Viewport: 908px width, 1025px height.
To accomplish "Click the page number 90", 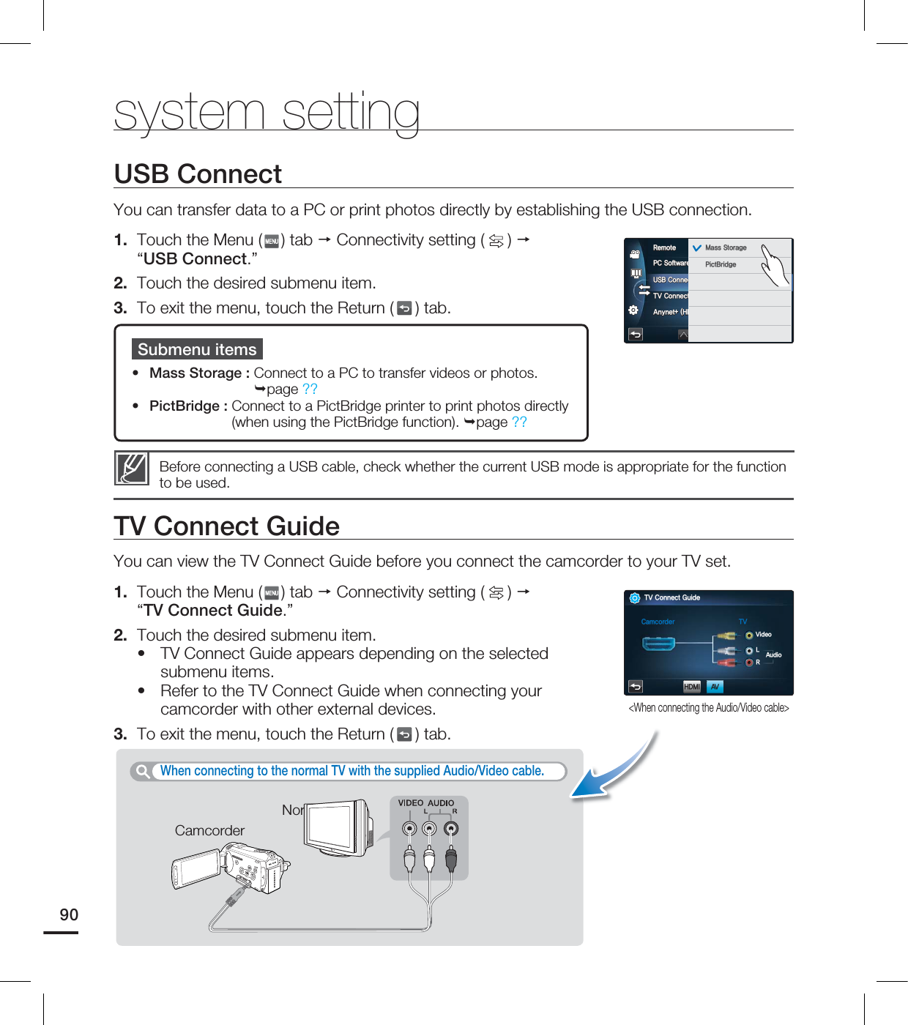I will [x=69, y=914].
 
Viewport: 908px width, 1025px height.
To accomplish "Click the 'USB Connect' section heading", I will [x=198, y=174].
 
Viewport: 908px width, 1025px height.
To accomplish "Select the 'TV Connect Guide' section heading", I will [x=226, y=526].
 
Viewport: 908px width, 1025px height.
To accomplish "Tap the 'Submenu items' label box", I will [x=197, y=349].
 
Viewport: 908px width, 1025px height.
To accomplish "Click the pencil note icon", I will [x=132, y=469].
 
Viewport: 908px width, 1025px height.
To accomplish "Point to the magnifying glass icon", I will [x=143, y=771].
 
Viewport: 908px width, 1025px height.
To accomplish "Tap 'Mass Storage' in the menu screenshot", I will [x=725, y=247].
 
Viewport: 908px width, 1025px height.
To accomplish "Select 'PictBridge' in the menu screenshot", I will [x=721, y=264].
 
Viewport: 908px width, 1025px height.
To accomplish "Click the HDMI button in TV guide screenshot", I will [x=691, y=686].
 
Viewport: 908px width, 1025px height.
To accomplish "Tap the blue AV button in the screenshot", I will [x=715, y=686].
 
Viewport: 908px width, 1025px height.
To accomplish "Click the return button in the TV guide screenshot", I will [x=636, y=686].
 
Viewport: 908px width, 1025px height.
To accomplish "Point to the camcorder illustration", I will [x=231, y=871].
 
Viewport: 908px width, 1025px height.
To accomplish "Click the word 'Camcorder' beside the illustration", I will [x=209, y=830].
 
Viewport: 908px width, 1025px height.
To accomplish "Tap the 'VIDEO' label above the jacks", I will [x=410, y=803].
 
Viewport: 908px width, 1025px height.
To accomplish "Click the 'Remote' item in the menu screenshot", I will [x=664, y=247].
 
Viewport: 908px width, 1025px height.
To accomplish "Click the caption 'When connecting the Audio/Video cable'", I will [x=708, y=707].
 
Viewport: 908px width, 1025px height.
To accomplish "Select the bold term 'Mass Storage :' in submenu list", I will [x=199, y=373].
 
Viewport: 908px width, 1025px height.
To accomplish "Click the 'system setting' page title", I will [x=267, y=112].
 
